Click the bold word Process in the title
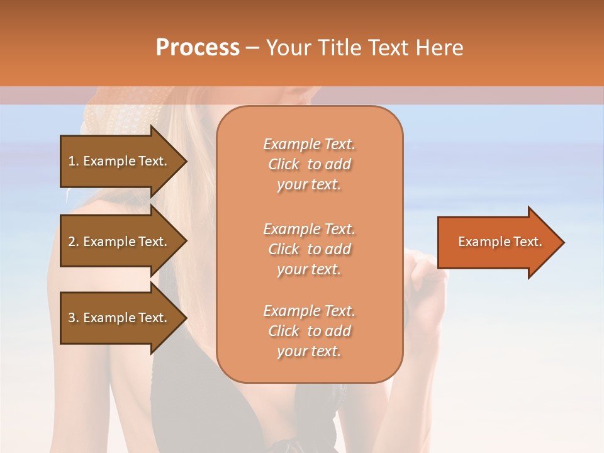pos(198,48)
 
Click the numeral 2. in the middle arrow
pos(74,242)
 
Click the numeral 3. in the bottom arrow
pos(74,318)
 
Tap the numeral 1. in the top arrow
pos(74,161)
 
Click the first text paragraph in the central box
pos(309,164)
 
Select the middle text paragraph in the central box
pos(309,249)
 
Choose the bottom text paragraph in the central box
pos(309,331)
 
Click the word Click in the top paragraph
pos(284,164)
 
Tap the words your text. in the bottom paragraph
pos(309,351)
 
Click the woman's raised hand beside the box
pos(425,277)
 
